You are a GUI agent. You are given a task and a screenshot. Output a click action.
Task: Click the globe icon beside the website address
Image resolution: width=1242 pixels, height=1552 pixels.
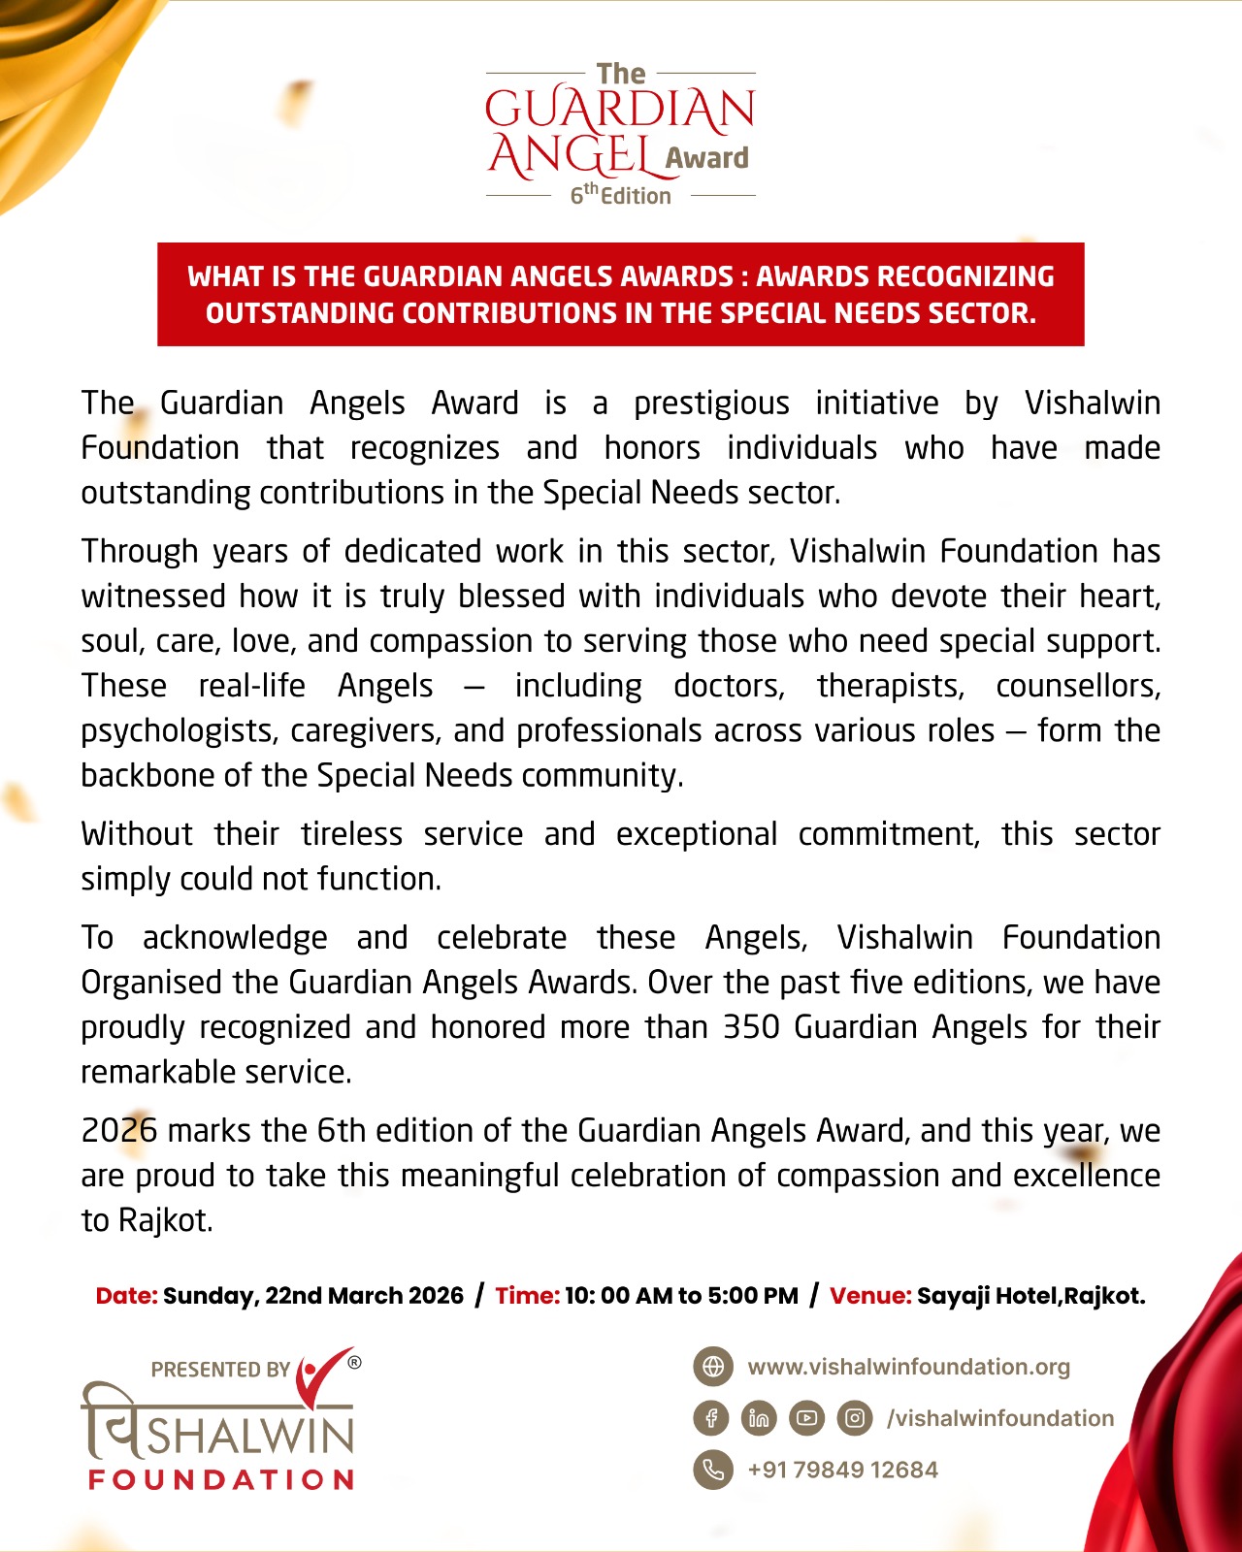point(713,1367)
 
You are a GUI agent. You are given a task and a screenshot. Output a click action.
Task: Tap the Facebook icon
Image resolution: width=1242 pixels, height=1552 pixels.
point(711,1418)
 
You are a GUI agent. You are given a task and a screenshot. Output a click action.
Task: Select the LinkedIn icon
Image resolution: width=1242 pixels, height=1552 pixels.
point(759,1418)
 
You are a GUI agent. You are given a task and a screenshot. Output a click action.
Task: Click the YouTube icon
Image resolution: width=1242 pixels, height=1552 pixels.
point(806,1418)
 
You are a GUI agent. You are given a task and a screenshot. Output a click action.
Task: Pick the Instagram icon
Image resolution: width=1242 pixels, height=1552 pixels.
point(854,1418)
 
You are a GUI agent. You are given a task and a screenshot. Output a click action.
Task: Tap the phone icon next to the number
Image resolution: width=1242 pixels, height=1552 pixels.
point(713,1470)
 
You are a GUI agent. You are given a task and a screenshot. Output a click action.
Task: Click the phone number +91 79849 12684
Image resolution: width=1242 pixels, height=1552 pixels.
point(842,1470)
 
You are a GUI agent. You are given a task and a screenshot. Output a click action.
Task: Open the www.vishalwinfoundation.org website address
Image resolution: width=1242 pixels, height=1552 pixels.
point(908,1367)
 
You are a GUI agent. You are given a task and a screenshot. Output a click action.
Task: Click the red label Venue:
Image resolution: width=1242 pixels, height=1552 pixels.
point(870,1296)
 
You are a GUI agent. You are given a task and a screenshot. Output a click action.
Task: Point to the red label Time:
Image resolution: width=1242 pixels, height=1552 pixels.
point(527,1296)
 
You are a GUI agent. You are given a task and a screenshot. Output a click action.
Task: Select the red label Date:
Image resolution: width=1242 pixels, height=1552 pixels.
point(126,1296)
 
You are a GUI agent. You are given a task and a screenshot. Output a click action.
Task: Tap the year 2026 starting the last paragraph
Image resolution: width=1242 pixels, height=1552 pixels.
point(118,1131)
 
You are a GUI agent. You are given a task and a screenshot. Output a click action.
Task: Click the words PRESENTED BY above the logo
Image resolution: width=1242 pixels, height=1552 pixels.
point(220,1370)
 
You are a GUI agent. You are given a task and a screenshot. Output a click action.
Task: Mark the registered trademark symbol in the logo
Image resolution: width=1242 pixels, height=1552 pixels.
point(354,1362)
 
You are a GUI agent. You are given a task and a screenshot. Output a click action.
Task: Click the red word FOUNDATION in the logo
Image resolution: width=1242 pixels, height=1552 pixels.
point(221,1479)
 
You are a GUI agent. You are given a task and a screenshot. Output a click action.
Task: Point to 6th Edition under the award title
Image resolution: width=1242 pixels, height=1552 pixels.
point(620,195)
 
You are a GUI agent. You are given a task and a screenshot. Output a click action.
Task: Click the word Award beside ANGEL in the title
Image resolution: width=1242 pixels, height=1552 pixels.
point(707,158)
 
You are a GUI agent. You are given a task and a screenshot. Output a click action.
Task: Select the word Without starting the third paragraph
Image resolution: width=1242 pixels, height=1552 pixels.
point(137,834)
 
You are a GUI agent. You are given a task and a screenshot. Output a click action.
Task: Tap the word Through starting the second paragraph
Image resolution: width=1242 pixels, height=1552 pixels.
point(140,551)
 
